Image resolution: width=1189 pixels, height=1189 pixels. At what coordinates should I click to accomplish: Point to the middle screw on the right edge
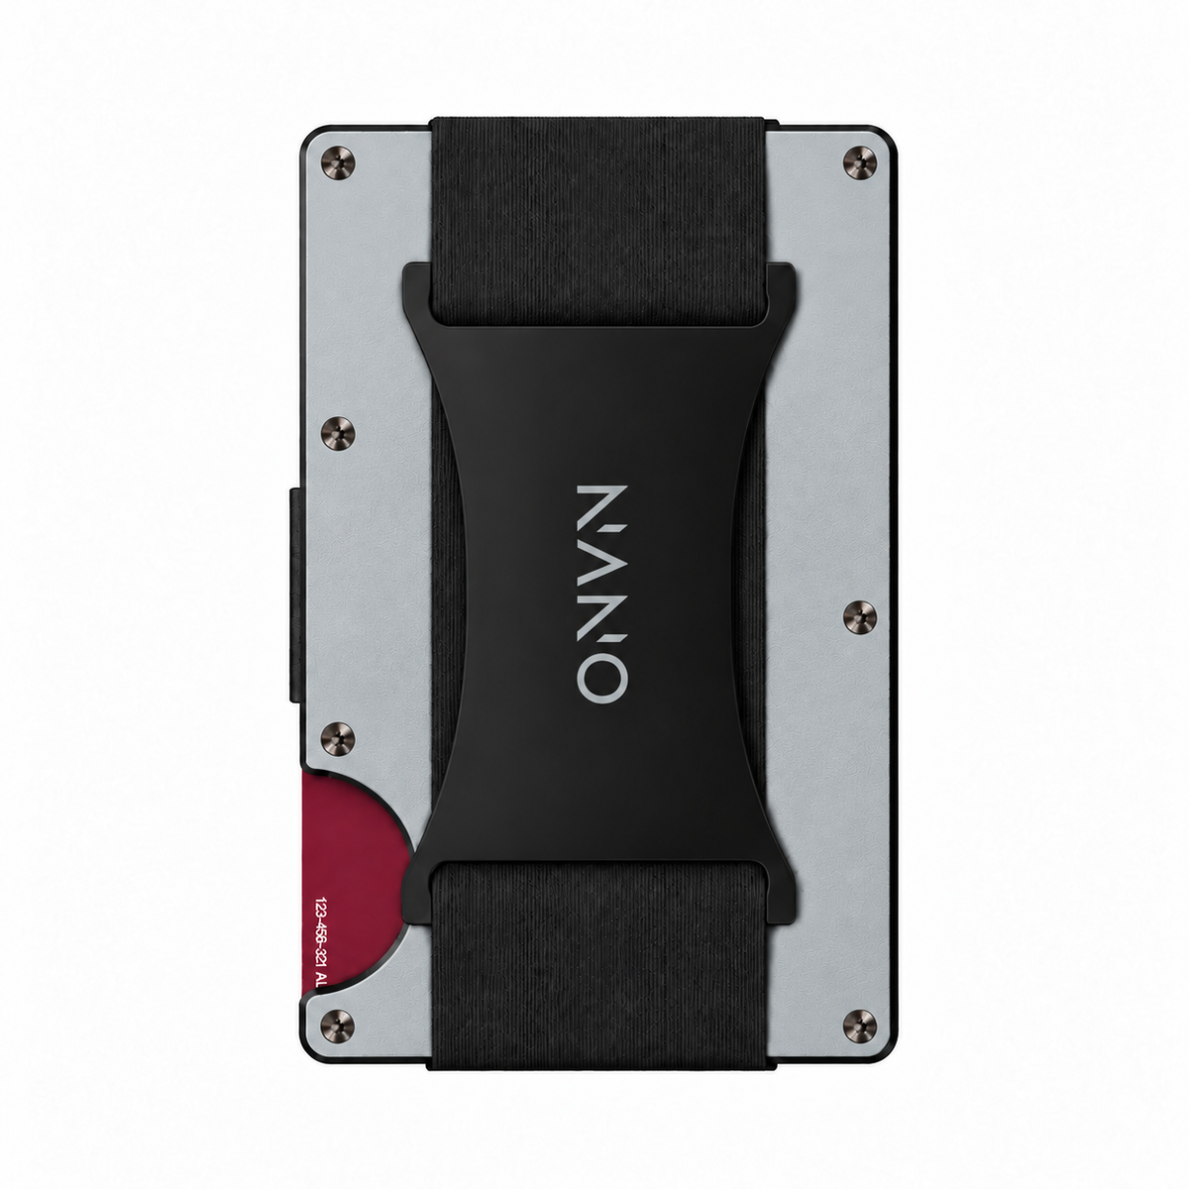click(859, 616)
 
